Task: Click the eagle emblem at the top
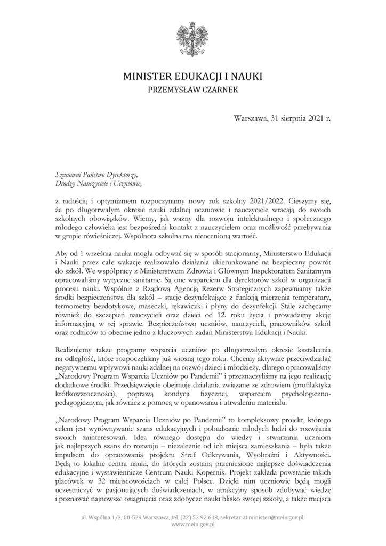tap(193, 37)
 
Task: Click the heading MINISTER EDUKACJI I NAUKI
tap(192, 77)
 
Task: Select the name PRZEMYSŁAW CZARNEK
tap(192, 91)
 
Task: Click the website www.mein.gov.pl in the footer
tap(192, 525)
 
